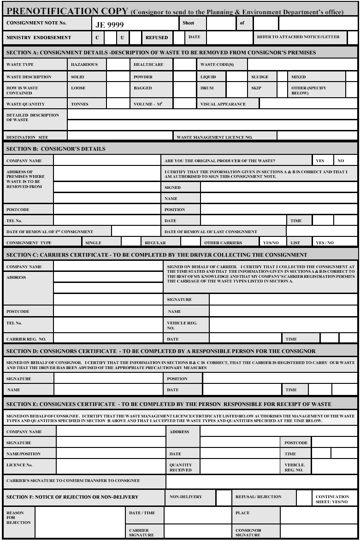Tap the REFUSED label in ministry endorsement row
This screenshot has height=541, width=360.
[157, 37]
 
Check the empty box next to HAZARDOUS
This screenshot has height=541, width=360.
[118, 65]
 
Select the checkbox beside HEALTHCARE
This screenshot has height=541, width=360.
[184, 65]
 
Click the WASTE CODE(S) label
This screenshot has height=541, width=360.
[217, 65]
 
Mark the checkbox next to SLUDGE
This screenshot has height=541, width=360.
[282, 77]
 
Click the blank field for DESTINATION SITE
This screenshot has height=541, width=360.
[120, 136]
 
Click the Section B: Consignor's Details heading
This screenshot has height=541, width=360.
[56, 149]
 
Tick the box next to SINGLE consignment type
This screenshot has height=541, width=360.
[130, 242]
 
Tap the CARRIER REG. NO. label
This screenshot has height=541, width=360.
[26, 339]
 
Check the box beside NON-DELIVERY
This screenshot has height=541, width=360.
[224, 498]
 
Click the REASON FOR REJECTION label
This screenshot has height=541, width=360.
[18, 517]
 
